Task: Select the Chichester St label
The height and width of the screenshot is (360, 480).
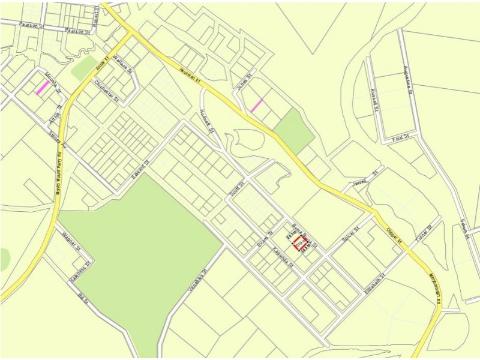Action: [107, 91]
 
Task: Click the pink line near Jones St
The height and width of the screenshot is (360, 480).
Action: [256, 106]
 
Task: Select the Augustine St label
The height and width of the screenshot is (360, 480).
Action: [407, 80]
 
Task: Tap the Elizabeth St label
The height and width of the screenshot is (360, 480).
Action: [373, 282]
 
